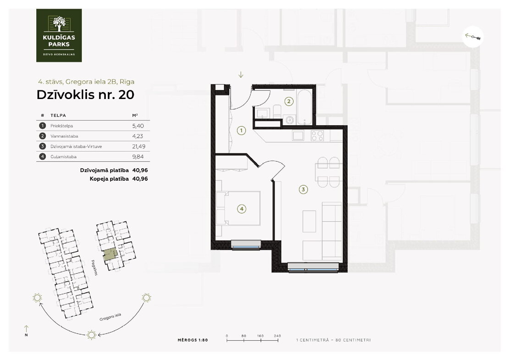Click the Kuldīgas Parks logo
[x=59, y=35]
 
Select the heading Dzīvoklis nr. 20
[x=85, y=94]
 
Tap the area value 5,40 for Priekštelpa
[x=138, y=126]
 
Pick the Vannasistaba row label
[x=64, y=136]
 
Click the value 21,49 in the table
[x=138, y=146]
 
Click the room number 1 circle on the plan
[x=241, y=131]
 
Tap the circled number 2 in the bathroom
[x=288, y=102]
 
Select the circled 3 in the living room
[x=303, y=189]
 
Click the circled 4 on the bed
[x=242, y=209]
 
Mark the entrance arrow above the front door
[x=241, y=75]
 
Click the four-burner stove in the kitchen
[x=317, y=135]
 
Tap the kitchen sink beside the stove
[x=298, y=135]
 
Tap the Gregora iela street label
[x=110, y=317]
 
